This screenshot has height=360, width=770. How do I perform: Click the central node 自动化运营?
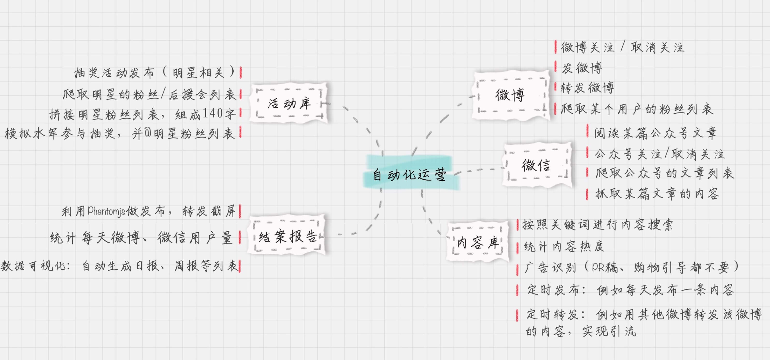[x=410, y=174]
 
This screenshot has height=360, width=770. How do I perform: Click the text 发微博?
[x=582, y=68]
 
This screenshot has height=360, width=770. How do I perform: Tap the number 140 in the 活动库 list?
[x=213, y=113]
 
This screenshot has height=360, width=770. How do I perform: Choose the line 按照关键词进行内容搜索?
[x=597, y=225]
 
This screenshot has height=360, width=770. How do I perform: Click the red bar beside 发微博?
[x=555, y=67]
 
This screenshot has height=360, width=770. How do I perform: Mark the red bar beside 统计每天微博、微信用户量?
[x=240, y=238]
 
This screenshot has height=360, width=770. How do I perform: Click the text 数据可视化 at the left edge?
[x=33, y=265]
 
